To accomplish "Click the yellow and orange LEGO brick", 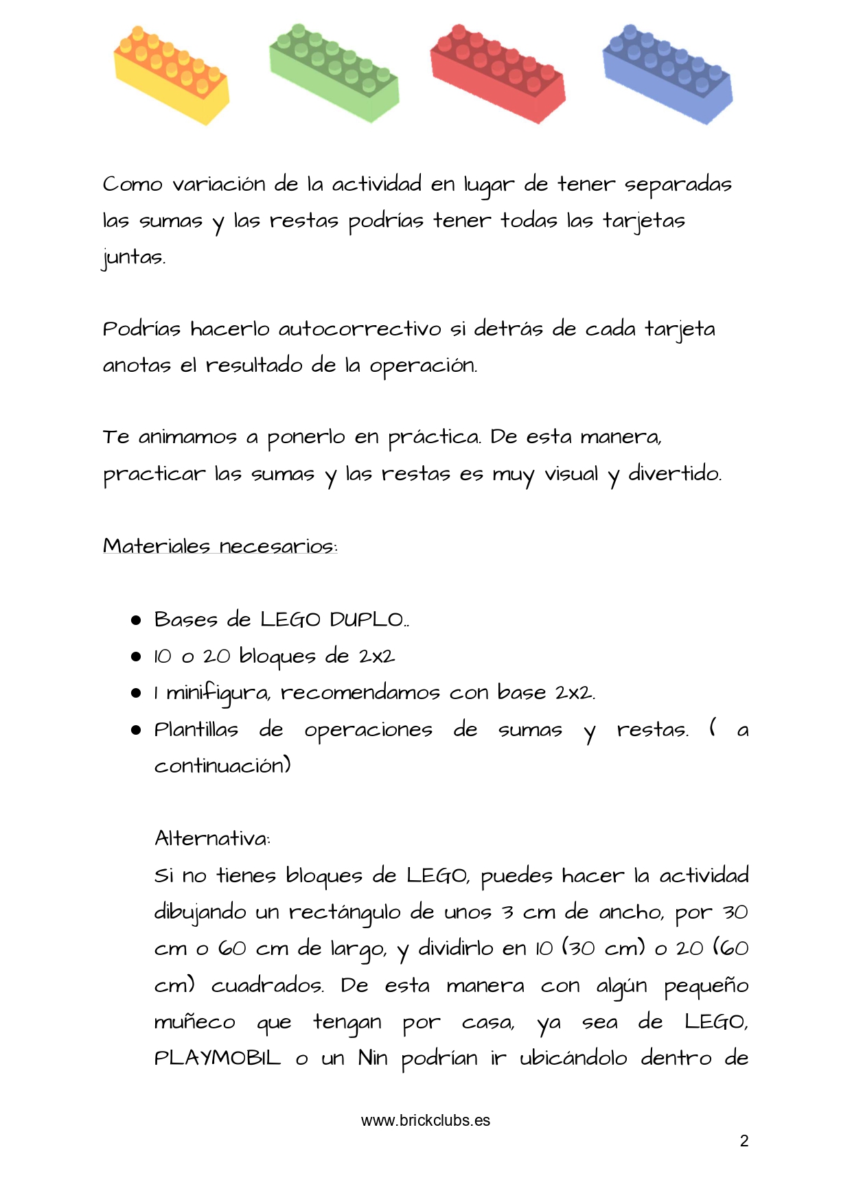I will pos(171,75).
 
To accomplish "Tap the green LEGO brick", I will pos(334,73).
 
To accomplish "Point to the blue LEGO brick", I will pos(667,74).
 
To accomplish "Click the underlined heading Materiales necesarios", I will pos(220,546).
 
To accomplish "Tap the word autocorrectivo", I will pos(360,329).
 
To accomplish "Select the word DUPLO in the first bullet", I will pos(368,619).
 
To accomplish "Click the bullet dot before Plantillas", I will pos(136,730).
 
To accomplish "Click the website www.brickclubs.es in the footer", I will pos(426,1120).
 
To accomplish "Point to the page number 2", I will pos(744,1141).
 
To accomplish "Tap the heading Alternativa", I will pos(212,838).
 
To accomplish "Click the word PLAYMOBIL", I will pos(218,1059).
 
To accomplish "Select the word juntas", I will pos(134,258).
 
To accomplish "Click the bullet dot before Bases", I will pos(136,620).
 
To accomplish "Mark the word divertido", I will pos(675,474).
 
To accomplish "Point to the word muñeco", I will pos(194,1022).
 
